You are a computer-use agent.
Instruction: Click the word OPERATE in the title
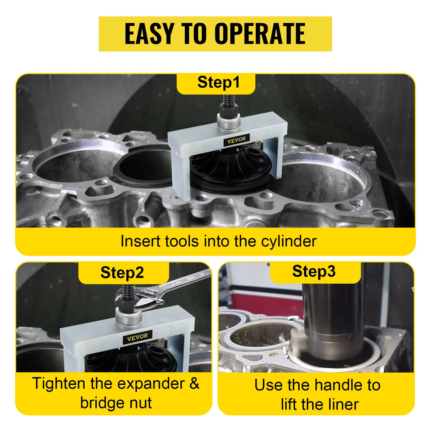(260, 34)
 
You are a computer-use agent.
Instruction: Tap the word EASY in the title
(149, 34)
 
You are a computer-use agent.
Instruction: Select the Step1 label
(218, 82)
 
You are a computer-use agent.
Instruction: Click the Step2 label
(122, 273)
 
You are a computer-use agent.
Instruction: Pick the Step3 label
(314, 271)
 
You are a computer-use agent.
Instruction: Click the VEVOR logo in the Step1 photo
(237, 140)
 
